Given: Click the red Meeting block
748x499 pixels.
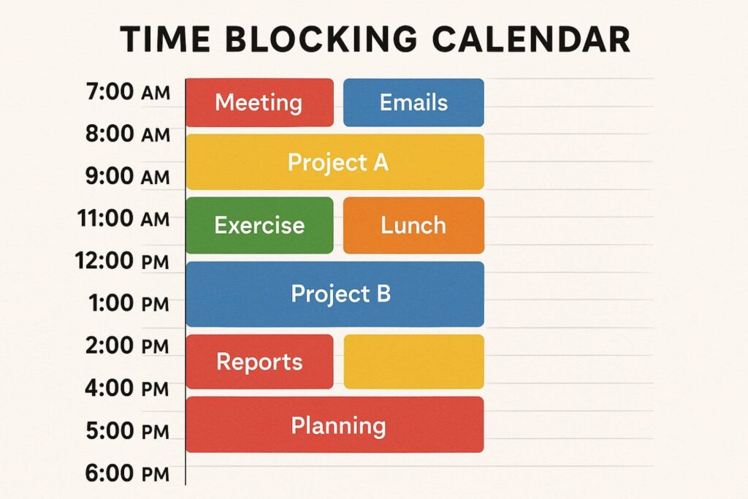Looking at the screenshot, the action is point(259,102).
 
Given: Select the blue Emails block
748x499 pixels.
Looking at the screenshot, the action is point(413,102).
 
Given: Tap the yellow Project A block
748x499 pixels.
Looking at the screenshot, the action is point(335,162).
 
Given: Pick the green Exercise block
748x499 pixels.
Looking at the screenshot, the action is point(259,225).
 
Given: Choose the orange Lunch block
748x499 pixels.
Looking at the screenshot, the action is point(413,225).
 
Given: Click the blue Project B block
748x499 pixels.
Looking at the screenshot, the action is point(335,294).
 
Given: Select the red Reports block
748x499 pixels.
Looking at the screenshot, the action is point(259,362).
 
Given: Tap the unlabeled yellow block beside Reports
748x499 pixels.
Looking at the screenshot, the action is point(413,362).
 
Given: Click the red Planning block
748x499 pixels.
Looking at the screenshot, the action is point(335,424).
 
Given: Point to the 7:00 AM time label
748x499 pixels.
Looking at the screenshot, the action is point(128,91).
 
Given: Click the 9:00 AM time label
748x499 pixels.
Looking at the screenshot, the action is point(128,176).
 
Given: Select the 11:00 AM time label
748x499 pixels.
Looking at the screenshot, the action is point(123,218).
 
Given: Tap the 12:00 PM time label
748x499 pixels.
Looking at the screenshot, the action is point(122,261).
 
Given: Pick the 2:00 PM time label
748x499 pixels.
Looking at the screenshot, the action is point(127,346).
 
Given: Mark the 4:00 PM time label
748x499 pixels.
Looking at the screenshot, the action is point(127,388).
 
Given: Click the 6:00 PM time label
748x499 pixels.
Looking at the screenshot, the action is point(127,473).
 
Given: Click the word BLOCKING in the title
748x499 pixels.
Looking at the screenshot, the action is point(321,39).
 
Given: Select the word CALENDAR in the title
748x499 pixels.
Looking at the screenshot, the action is point(532,39).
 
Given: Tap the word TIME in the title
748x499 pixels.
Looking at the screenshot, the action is point(164,39).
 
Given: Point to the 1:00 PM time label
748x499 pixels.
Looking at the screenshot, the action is point(129,303).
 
